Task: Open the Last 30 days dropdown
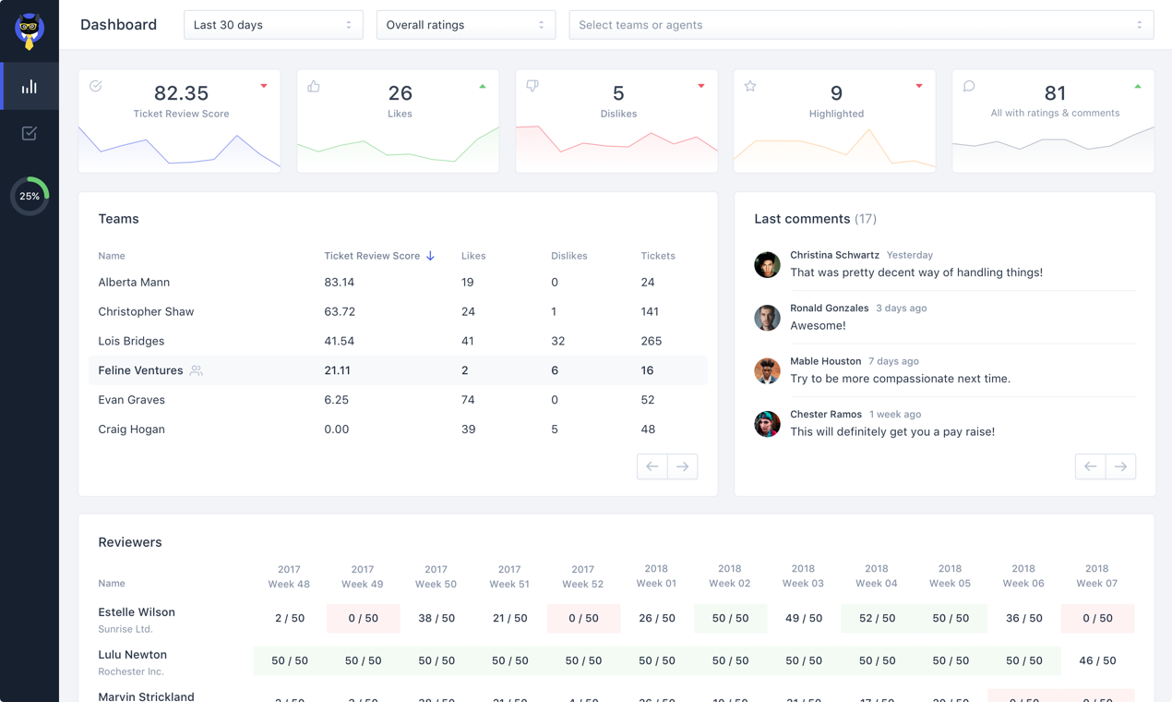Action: click(273, 25)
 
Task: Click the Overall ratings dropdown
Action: click(465, 25)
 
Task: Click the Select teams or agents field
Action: click(861, 25)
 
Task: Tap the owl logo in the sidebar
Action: click(30, 30)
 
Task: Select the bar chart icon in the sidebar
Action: click(30, 87)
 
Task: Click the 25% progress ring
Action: click(30, 196)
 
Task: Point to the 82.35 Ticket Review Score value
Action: click(181, 93)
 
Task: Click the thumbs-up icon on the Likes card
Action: click(314, 87)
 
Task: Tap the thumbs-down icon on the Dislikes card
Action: click(532, 86)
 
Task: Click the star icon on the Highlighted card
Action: click(750, 87)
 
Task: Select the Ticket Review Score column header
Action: click(372, 256)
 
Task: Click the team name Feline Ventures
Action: click(140, 370)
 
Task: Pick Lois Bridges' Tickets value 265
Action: click(651, 341)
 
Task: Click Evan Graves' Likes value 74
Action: click(468, 400)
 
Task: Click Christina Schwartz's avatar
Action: click(767, 264)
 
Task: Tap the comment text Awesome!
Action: click(818, 325)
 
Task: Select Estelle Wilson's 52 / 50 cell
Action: click(877, 618)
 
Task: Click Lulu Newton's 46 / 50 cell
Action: click(1096, 660)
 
